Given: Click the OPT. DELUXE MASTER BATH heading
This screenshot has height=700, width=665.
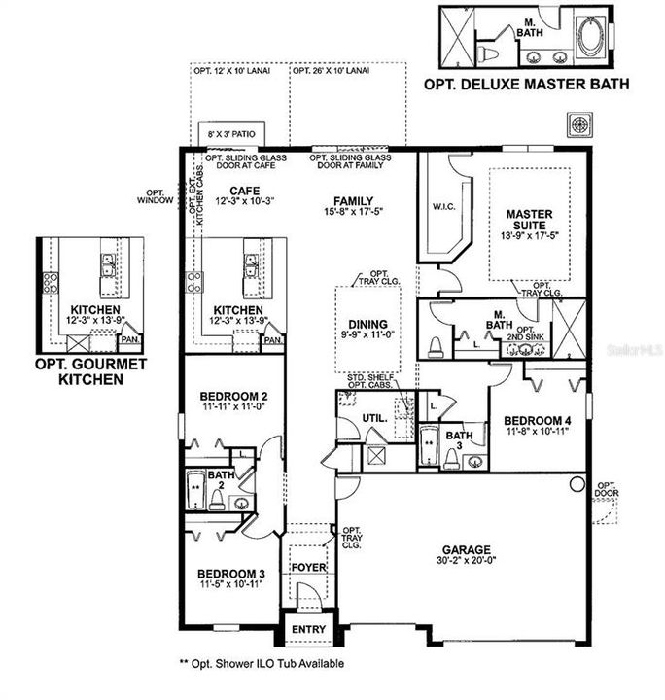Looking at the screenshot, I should [x=526, y=85].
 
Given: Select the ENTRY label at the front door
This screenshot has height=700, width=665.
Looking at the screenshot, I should [x=308, y=630].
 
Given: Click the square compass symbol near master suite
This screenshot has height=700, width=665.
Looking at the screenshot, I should [x=580, y=124].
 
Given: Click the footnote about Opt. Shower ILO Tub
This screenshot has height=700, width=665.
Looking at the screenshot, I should [x=262, y=664].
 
